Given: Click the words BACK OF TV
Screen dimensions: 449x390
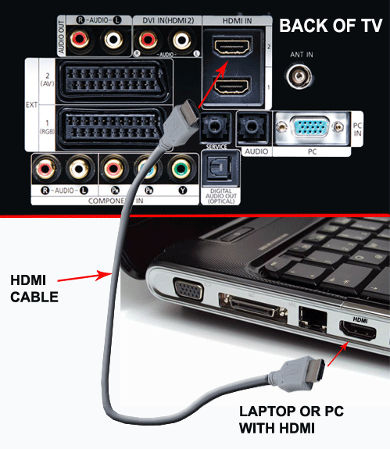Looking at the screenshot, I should click(331, 27).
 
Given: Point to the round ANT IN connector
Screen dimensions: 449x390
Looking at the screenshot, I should click(299, 76).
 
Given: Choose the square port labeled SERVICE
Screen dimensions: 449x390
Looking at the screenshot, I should click(214, 126).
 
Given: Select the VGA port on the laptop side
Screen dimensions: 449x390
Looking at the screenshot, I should click(188, 293).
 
